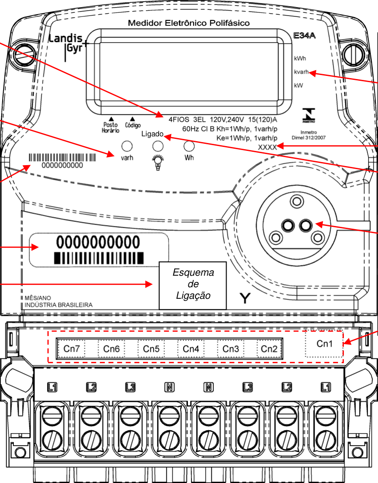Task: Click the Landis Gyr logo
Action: point(68,47)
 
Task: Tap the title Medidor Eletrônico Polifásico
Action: point(189,23)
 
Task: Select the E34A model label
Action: point(304,36)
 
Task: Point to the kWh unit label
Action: point(300,59)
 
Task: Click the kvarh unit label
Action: point(301,72)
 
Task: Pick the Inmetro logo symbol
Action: point(309,115)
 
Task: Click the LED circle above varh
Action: point(127,146)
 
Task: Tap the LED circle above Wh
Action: point(189,146)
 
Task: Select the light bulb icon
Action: point(158,162)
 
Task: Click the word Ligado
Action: point(152,134)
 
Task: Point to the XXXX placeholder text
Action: point(267,147)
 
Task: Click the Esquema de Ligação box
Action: point(193,285)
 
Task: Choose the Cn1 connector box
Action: point(324,344)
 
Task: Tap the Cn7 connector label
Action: point(72,348)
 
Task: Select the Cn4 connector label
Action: point(191,348)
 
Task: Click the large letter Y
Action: point(245,298)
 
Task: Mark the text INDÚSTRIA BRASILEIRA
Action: point(59,305)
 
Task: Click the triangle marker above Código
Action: point(132,119)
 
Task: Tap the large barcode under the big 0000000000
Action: point(99,258)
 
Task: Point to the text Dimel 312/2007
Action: point(309,138)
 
